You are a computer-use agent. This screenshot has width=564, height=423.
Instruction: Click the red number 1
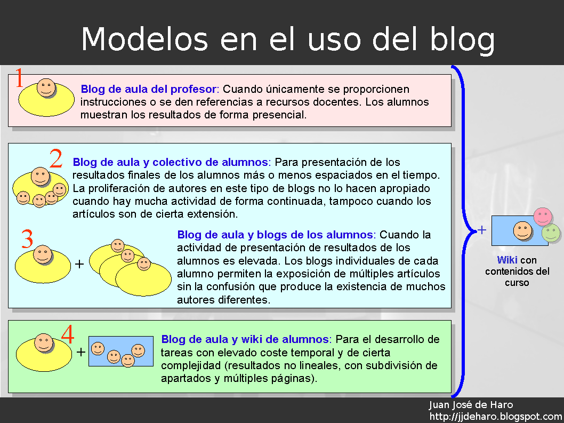click(x=19, y=78)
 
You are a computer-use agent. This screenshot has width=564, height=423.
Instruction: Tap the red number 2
click(x=56, y=159)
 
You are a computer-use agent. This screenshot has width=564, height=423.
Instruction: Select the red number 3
click(x=27, y=240)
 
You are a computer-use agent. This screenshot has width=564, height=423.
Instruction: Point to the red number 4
click(x=68, y=335)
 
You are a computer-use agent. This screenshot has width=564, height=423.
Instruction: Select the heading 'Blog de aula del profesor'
click(x=149, y=89)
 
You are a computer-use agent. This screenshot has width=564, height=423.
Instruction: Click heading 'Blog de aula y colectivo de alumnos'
click(x=171, y=162)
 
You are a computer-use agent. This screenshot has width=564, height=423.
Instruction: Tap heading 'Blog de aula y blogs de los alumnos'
click(x=275, y=235)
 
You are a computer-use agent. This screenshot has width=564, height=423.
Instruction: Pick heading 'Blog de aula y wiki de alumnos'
click(x=245, y=339)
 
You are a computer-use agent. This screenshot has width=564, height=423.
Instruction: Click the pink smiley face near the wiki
click(x=543, y=216)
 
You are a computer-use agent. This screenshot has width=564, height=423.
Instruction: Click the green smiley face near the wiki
click(x=551, y=233)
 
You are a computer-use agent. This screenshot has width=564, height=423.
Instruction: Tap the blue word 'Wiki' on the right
click(x=507, y=260)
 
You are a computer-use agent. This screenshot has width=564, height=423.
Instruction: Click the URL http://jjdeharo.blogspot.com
click(x=496, y=417)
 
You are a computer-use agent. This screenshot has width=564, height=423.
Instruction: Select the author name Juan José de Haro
click(x=471, y=405)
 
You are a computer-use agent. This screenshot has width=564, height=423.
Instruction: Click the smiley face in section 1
click(x=46, y=88)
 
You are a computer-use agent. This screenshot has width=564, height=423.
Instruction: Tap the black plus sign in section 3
click(x=79, y=264)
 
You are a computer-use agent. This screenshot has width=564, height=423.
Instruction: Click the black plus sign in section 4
click(x=80, y=352)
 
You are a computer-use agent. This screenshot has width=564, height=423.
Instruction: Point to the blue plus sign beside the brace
click(x=482, y=230)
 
